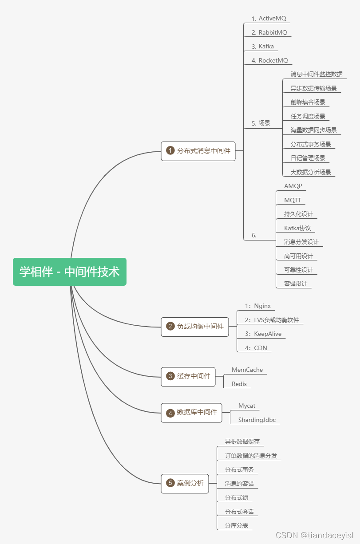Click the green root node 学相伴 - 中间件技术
coord(70,272)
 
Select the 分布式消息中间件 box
coord(198,151)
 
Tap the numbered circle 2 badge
coord(170,327)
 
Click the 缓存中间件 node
coord(188,376)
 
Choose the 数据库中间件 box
coord(191,413)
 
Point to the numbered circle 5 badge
coord(170,483)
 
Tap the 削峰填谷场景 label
coord(308,102)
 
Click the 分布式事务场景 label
coord(311,144)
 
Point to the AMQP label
coord(293,186)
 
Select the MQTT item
coord(293,200)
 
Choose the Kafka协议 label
coord(297,228)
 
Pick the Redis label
coord(239,384)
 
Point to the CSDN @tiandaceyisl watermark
coord(314,536)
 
